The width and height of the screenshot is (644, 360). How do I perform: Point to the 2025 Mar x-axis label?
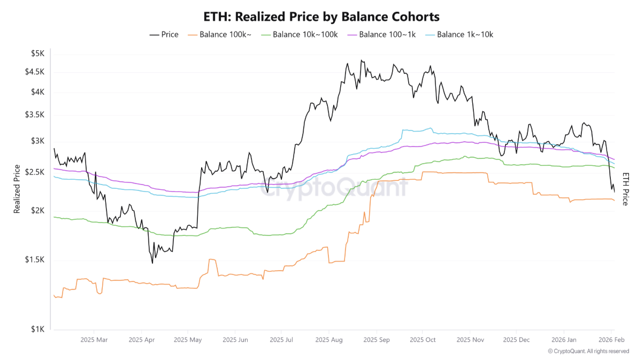94,339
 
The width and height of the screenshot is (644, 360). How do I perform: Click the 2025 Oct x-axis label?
423,339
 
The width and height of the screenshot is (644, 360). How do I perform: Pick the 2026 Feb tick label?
611,339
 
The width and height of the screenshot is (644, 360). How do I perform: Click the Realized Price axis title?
17,189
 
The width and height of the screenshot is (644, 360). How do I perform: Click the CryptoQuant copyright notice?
588,351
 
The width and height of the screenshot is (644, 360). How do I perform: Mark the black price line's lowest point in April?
152,263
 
